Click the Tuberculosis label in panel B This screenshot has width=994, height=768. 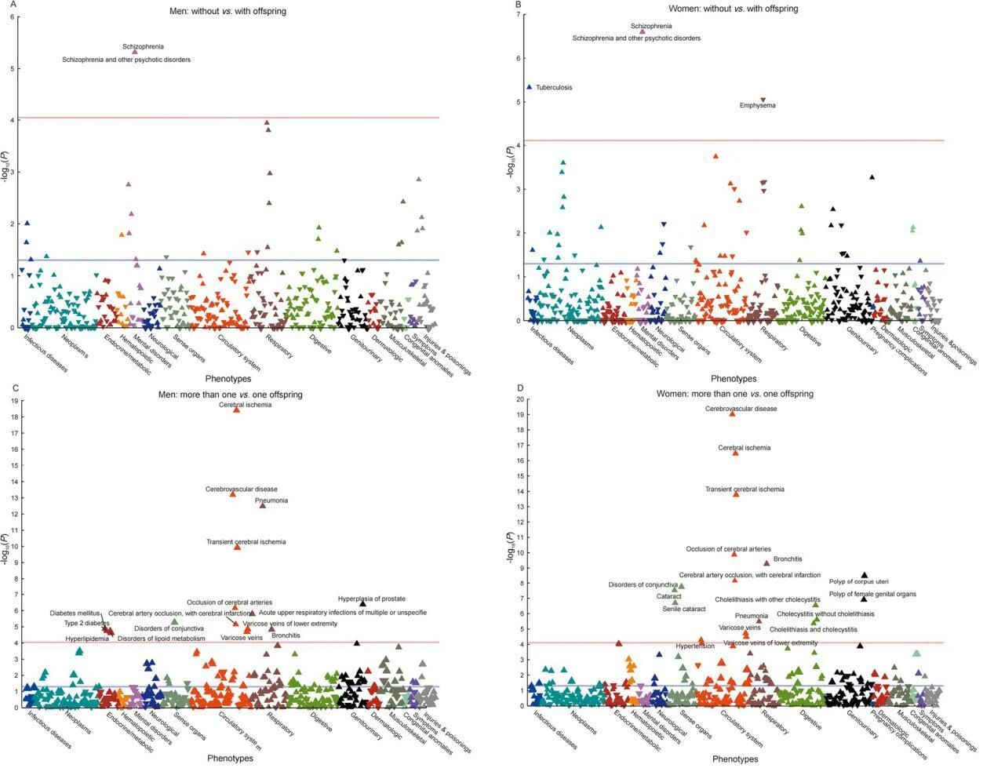tap(554, 88)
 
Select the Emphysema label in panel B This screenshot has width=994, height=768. tap(757, 106)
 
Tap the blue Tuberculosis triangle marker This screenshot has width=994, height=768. tap(530, 87)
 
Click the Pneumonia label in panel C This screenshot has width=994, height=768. tap(271, 500)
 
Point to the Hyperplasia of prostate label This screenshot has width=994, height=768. tap(371, 599)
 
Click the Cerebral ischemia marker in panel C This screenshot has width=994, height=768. tap(236, 409)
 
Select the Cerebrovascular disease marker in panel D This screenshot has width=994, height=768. tap(733, 413)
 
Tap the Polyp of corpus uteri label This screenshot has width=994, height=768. tap(858, 581)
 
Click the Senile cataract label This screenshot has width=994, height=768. tap(683, 609)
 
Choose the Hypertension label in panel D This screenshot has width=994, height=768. tap(695, 646)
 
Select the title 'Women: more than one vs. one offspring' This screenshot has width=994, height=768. tap(734, 394)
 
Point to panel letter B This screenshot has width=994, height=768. tap(518, 5)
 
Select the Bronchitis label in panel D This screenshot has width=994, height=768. tap(788, 559)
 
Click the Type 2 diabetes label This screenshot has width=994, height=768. tap(87, 624)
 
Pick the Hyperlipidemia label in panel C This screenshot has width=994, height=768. tap(86, 639)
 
